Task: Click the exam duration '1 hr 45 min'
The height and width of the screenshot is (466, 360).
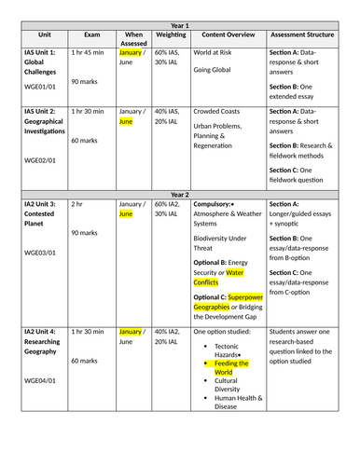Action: click(x=90, y=54)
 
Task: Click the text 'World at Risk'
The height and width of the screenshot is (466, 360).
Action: click(x=215, y=54)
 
